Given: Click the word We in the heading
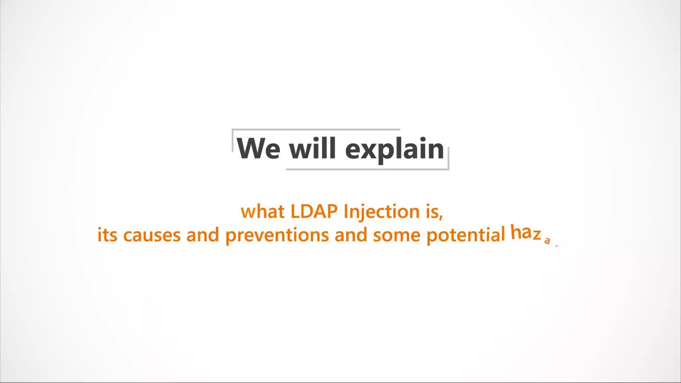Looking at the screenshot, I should pos(258,149).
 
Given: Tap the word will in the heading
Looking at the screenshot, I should pos(312,149).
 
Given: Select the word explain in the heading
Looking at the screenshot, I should pos(394,150).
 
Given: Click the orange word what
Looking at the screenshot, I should pos(263,212).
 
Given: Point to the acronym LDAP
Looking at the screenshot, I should pos(314,211).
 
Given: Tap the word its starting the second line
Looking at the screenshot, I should pos(107,235).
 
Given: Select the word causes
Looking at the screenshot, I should pos(152,235).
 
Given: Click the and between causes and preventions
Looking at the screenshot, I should pos(203,235).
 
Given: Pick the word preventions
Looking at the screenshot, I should pos(277,236).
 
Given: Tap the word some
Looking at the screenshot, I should pos(397,235).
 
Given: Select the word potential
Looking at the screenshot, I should pos(466,235).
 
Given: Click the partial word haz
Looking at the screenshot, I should pos(525,232).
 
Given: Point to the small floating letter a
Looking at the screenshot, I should pos(547,241).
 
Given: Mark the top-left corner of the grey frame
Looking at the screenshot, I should pos(232,130).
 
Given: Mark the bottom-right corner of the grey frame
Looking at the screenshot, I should pos(449,169).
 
